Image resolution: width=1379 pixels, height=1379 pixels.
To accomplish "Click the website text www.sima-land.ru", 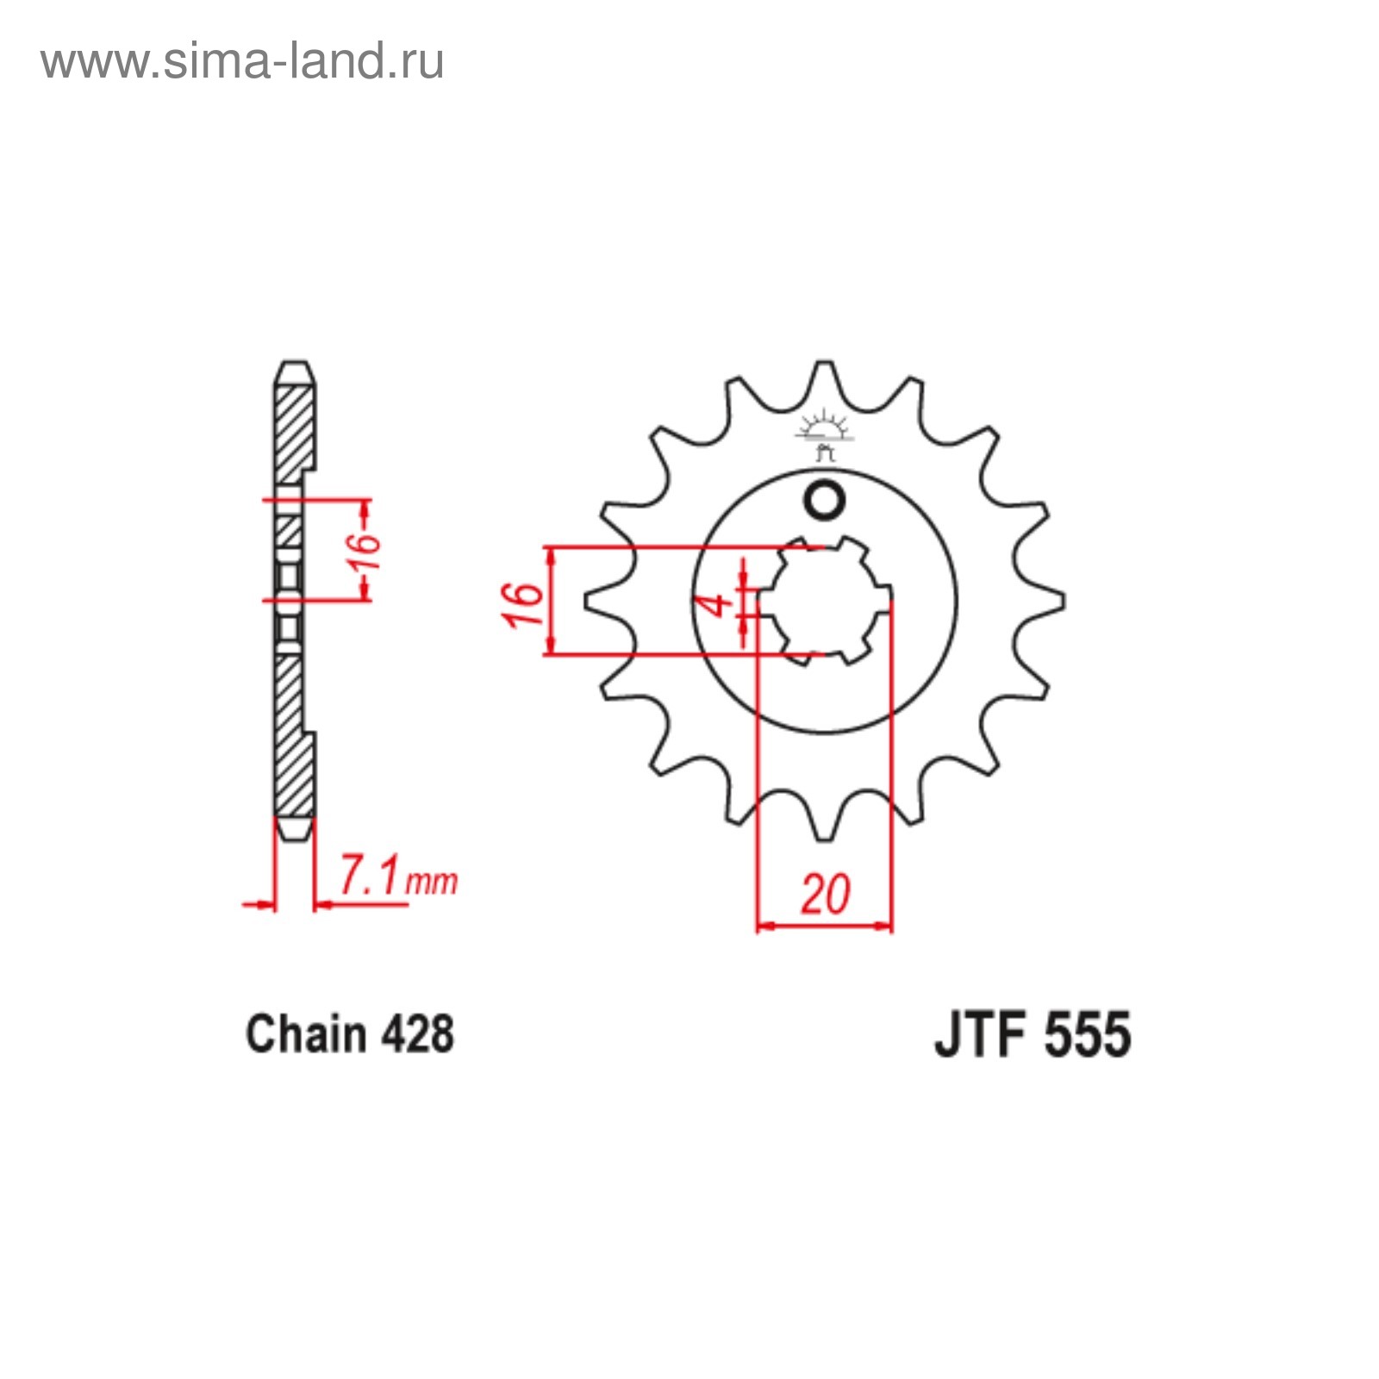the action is tap(242, 61).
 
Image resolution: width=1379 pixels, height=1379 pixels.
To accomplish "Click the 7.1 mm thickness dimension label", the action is tap(397, 877).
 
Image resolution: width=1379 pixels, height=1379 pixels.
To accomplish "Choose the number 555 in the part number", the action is tap(1087, 1034).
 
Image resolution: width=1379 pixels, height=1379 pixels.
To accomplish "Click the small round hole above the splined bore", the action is tap(825, 501).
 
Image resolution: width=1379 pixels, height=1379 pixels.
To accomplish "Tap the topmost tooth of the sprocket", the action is tap(825, 379).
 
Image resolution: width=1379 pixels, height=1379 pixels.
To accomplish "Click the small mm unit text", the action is tap(432, 882).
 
